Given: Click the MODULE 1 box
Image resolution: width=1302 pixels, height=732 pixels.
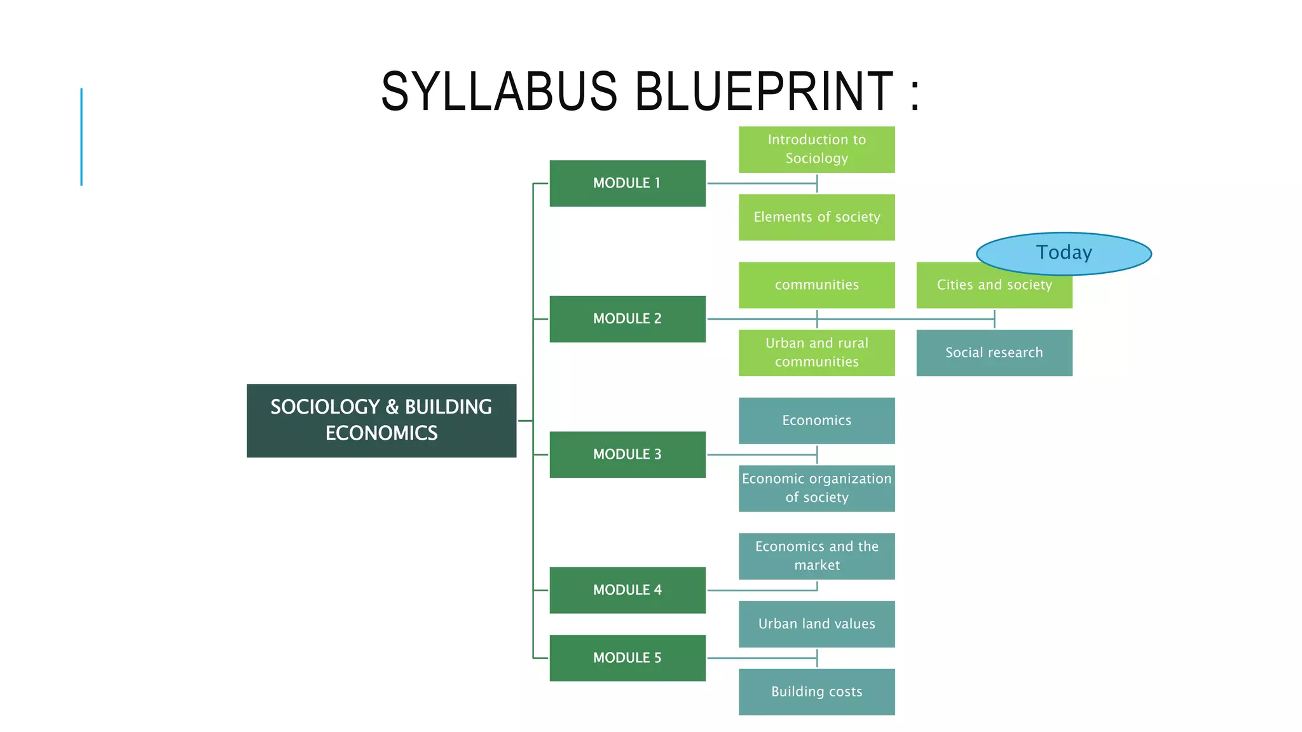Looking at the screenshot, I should (x=627, y=183).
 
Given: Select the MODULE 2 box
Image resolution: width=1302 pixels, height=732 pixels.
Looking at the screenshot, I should (x=627, y=318).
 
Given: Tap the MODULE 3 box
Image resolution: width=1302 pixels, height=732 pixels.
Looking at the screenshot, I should (x=627, y=454).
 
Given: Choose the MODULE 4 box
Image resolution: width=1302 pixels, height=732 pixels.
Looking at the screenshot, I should (x=627, y=590).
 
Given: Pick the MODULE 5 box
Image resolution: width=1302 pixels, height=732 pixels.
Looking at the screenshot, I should (x=627, y=658).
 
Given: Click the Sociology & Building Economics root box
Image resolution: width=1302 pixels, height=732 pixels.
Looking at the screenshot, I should (x=381, y=420).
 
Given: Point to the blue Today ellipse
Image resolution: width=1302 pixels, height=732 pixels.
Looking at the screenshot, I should (x=1064, y=253).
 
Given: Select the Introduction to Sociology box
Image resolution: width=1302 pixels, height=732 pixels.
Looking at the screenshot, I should (x=816, y=149).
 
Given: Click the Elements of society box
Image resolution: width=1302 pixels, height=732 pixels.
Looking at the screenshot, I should (x=816, y=217).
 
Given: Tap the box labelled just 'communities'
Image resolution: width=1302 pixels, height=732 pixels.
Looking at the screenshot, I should (x=816, y=285).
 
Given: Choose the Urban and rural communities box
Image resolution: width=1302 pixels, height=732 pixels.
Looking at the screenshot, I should (x=816, y=353).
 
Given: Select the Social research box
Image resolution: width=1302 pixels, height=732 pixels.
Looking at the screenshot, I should (x=994, y=353).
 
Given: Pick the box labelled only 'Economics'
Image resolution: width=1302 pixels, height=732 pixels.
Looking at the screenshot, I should (x=816, y=421).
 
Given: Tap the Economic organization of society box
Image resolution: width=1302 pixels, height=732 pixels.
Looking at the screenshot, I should (x=816, y=488).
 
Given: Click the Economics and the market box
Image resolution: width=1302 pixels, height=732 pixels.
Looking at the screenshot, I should (x=816, y=556).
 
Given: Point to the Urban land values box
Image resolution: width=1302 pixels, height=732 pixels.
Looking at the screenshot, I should (x=816, y=624).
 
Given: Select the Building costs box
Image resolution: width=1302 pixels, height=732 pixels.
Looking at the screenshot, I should (x=816, y=691).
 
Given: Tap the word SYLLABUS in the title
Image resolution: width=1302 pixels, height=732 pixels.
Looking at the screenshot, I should (x=499, y=91).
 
